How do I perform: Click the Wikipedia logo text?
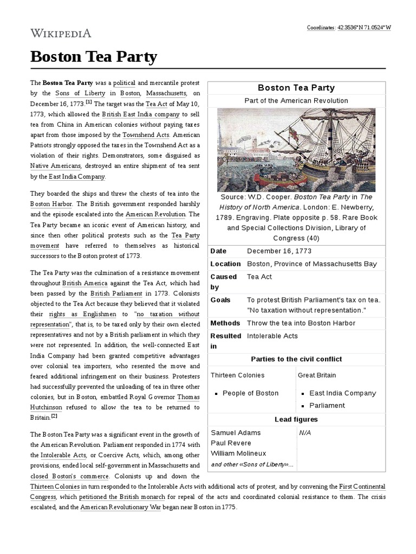pos(61,33)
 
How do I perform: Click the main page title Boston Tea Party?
pos(93,56)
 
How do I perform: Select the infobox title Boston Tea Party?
pos(296,88)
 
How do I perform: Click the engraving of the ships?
pos(296,149)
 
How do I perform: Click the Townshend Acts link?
pos(146,135)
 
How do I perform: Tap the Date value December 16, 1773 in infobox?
pos(279,251)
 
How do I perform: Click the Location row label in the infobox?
pos(225,264)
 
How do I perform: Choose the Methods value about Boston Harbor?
pos(301,323)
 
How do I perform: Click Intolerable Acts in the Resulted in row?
pos(272,336)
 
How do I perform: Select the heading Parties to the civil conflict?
pos(296,359)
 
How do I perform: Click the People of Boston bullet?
pos(250,393)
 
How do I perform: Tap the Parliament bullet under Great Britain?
pos(327,405)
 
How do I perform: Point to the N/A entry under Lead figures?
pos(305,433)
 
